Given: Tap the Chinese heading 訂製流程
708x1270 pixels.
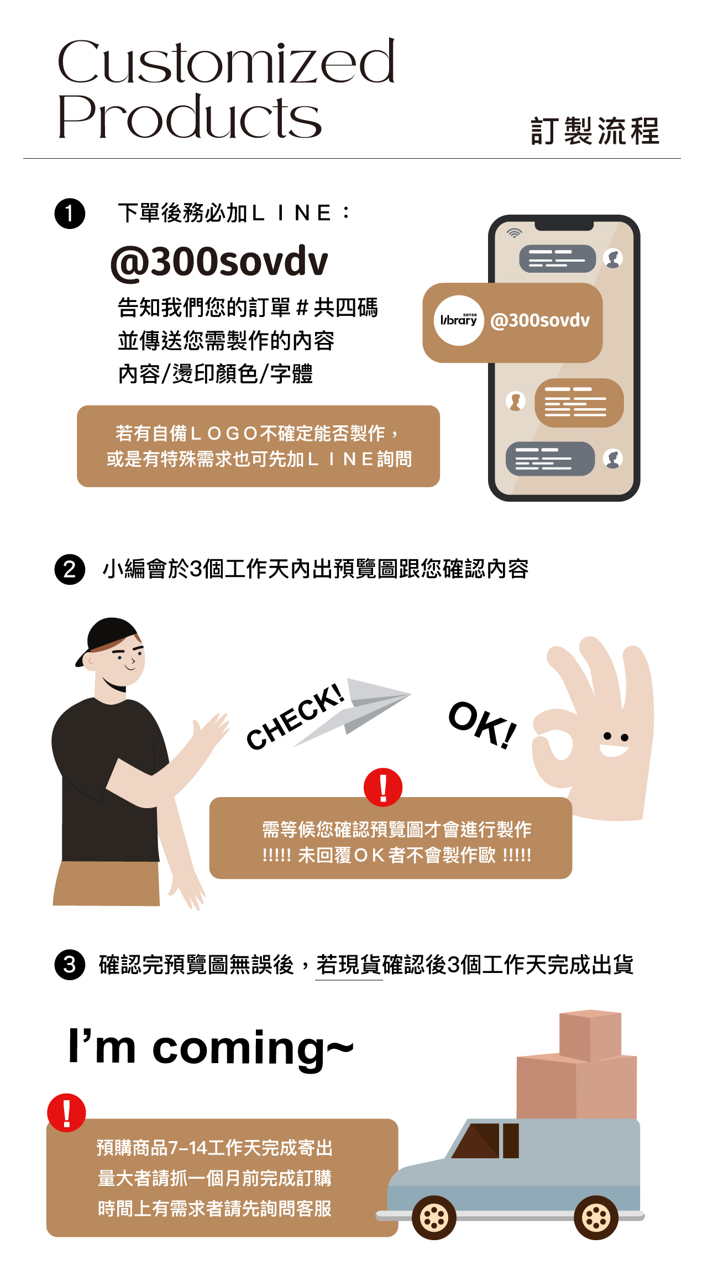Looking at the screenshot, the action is coord(595,132).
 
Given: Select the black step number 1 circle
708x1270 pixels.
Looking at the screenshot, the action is coord(70,214).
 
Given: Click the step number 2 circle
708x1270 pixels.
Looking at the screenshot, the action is coord(70,569).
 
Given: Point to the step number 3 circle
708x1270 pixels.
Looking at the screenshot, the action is coord(70,965).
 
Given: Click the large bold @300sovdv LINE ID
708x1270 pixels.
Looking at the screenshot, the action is coord(219,262).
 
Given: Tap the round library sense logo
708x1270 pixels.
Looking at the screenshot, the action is coord(459,320).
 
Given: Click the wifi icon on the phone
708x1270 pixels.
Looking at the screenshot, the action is coord(515,233).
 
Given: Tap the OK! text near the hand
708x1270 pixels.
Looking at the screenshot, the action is coord(483,725).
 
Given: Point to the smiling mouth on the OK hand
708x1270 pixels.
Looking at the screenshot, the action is coord(614,750).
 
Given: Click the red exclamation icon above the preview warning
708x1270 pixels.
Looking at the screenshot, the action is coord(383,787).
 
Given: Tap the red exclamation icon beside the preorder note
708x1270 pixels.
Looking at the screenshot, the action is coord(67,1112).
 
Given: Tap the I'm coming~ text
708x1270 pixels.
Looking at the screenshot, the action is coord(211,1047).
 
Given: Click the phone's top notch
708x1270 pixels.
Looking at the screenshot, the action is coord(564,225).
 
